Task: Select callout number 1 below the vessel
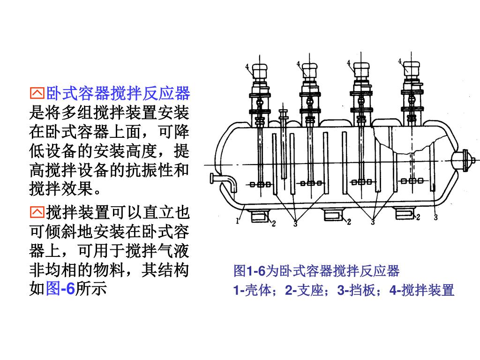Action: pyautogui.click(x=239, y=220)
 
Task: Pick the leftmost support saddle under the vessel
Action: pyautogui.click(x=258, y=215)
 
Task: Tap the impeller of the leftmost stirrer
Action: pyautogui.click(x=260, y=184)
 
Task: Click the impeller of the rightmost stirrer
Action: pyautogui.click(x=412, y=180)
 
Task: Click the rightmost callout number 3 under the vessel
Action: pyautogui.click(x=436, y=217)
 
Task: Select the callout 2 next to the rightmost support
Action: pyautogui.click(x=418, y=217)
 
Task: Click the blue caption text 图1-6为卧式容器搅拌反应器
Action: pyautogui.click(x=316, y=270)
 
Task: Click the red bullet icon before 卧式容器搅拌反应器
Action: pyautogui.click(x=37, y=94)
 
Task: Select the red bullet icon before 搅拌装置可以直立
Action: pyautogui.click(x=37, y=213)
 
